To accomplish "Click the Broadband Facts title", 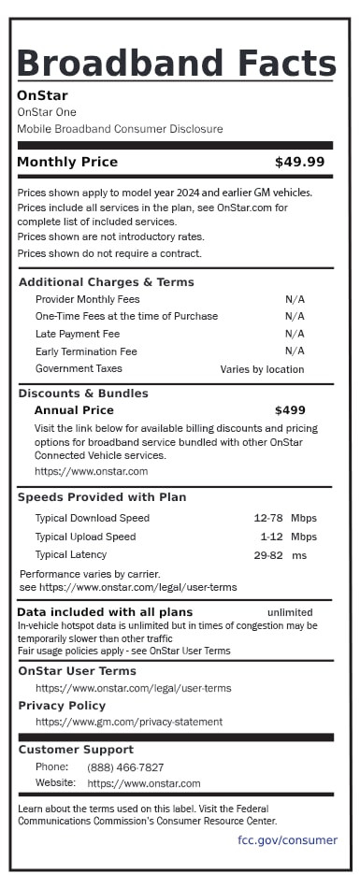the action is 177,63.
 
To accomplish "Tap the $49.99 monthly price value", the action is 299,163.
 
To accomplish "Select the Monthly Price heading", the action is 67,163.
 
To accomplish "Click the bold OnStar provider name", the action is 42,95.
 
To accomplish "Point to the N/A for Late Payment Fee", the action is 295,334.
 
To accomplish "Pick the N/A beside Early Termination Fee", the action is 295,351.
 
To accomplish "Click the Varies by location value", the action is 262,369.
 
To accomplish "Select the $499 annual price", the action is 290,410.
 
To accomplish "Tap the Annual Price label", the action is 74,410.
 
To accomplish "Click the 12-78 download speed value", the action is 268,518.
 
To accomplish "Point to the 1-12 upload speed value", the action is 271,537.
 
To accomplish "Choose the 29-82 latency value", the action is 268,555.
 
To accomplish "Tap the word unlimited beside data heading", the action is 290,612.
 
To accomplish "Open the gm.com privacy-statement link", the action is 129,722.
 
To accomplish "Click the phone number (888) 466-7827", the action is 125,767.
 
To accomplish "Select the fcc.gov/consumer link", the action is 287,840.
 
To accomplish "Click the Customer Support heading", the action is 76,750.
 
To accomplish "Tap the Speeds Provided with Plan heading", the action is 102,497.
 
